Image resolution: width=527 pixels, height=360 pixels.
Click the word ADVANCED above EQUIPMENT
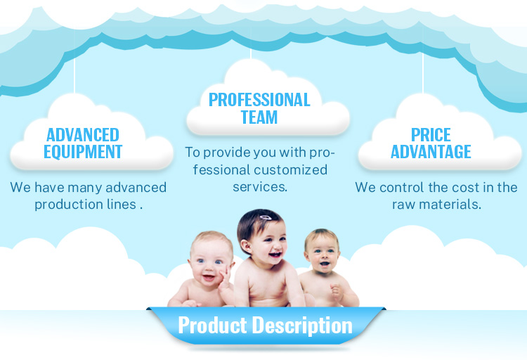click(x=83, y=134)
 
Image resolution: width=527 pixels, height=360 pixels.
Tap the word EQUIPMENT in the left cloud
click(x=83, y=151)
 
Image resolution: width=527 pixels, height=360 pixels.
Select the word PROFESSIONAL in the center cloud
click(x=259, y=99)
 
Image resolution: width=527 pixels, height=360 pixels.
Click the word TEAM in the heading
click(x=259, y=117)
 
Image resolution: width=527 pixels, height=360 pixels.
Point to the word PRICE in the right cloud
click(x=431, y=134)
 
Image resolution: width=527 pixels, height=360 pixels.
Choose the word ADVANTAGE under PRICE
click(x=431, y=151)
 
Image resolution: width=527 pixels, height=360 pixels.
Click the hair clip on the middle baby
click(x=265, y=218)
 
